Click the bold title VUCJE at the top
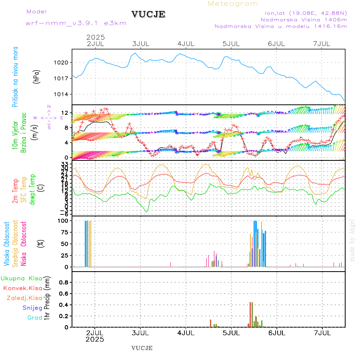[x=148, y=14]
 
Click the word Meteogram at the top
[x=233, y=4]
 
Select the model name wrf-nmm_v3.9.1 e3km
[x=76, y=23]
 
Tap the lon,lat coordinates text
[x=303, y=13]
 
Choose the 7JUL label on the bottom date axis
[x=322, y=333]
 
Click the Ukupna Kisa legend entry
[x=22, y=278]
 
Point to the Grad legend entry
[x=35, y=318]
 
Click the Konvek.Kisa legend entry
[x=23, y=288]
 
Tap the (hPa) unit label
[x=36, y=76]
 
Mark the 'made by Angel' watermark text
[x=352, y=240]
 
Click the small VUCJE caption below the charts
[x=142, y=348]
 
